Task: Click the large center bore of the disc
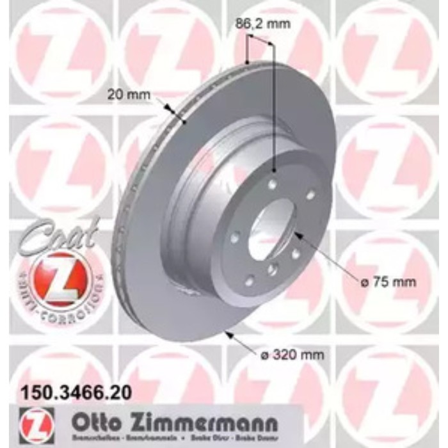pyautogui.click(x=269, y=230)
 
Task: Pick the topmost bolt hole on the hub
pyautogui.click(x=273, y=184)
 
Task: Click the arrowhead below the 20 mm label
pyautogui.click(x=168, y=108)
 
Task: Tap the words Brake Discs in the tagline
pyautogui.click(x=235, y=440)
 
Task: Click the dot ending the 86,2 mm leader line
pyautogui.click(x=275, y=170)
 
